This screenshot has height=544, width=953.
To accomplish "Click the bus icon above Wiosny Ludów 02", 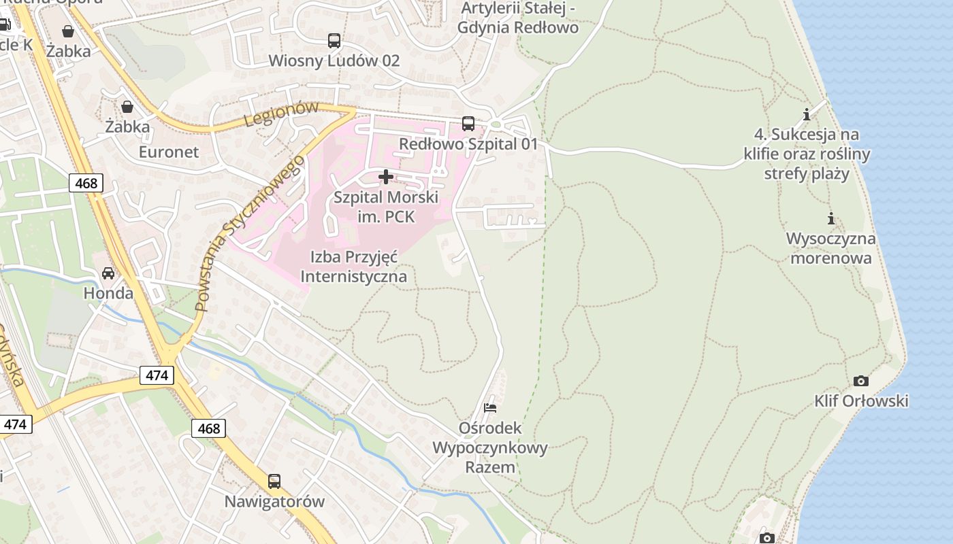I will click(334, 41).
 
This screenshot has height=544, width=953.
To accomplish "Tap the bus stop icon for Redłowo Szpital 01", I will click(468, 124).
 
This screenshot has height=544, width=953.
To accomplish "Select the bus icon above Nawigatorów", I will click(274, 481).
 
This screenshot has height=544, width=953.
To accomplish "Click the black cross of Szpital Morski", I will click(385, 177).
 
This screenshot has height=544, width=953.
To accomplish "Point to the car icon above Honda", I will click(108, 273).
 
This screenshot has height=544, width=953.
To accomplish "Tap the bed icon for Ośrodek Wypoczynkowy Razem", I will click(489, 408).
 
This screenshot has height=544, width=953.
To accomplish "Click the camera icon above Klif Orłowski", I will click(860, 381).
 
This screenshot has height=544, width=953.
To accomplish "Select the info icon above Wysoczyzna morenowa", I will click(830, 219).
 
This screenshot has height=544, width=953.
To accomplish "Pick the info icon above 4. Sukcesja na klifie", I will click(807, 114).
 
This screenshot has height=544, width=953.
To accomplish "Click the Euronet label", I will click(169, 152).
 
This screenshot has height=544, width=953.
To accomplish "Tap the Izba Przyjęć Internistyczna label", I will click(353, 267).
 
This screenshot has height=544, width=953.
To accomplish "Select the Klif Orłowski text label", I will click(861, 401).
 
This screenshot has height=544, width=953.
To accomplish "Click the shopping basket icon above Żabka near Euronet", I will click(127, 107).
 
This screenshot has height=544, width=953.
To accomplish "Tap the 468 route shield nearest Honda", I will click(86, 182).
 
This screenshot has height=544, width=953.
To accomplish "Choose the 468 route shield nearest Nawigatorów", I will click(208, 428).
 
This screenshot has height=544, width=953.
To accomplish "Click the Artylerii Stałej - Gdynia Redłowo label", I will click(518, 18).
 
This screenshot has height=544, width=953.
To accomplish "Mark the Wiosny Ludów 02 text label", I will click(334, 61).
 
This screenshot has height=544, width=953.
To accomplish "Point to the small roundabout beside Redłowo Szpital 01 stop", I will click(496, 124).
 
